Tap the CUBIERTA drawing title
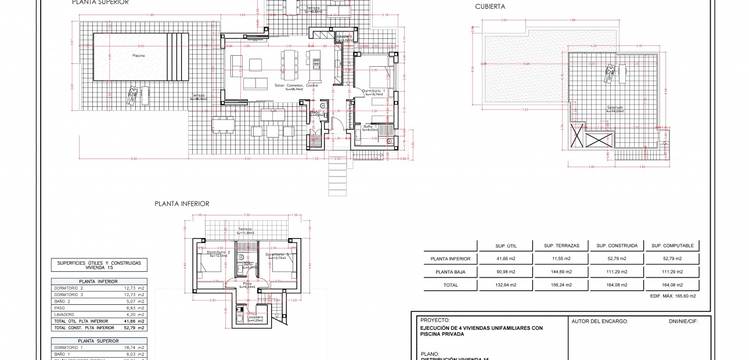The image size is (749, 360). [x=490, y=7]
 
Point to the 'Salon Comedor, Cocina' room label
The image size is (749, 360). [x=296, y=86]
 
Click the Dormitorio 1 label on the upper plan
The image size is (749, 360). [x=373, y=91]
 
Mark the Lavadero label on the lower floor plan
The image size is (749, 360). [x=255, y=317]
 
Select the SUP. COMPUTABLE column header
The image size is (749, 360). [x=671, y=246]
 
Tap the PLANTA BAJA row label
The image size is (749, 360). [x=451, y=272]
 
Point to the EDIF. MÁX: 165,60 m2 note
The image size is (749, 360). [x=673, y=296]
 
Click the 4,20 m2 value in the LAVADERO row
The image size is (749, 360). [x=134, y=314]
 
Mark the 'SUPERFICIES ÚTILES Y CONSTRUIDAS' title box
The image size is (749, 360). [x=99, y=265]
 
